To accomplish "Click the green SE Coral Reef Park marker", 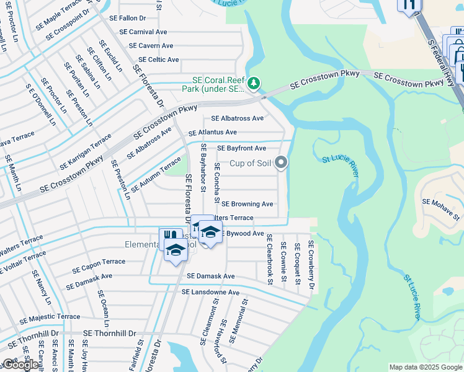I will (x=253, y=83).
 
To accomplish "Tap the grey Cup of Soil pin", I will (x=281, y=163).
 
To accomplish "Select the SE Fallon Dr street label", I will (x=128, y=19).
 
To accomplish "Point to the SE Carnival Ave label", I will (x=143, y=32).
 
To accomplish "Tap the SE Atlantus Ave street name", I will (x=213, y=133).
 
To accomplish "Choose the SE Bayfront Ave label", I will (x=241, y=148).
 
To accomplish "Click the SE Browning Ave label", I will (x=248, y=204).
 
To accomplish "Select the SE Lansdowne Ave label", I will (x=210, y=292).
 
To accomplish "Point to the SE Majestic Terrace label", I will (x=50, y=317).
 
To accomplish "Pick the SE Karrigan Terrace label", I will (x=86, y=153).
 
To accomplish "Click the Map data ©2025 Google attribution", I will (x=425, y=367).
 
